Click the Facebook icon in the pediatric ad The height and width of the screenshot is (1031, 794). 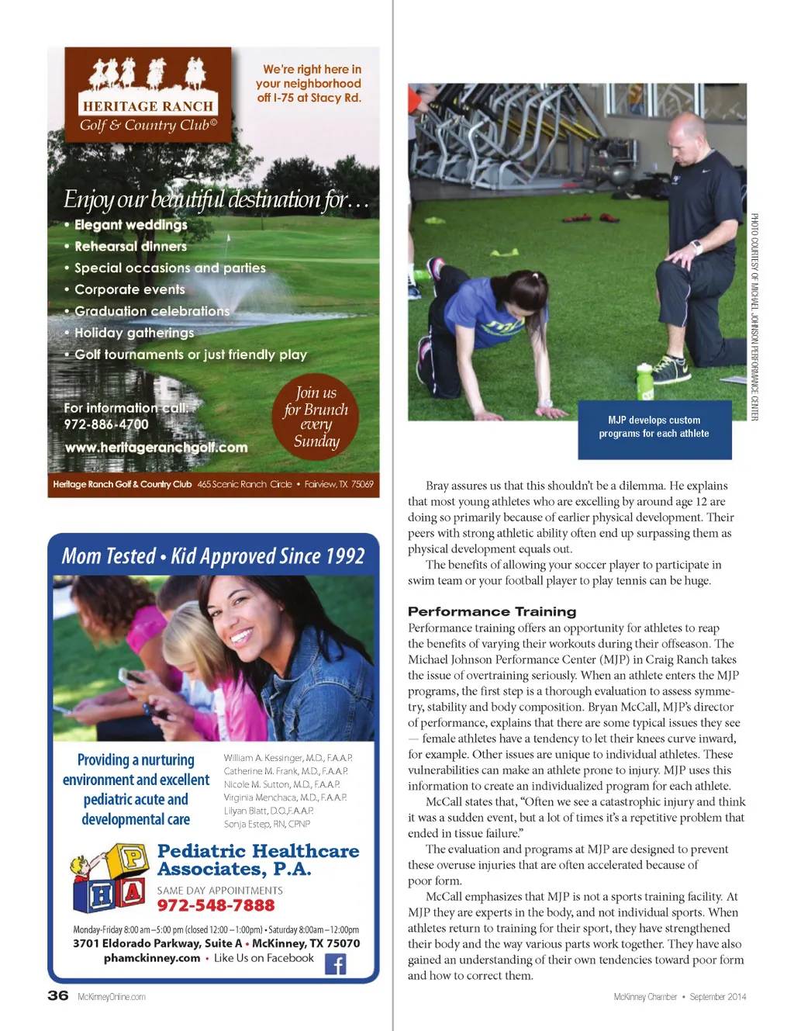pyautogui.click(x=335, y=964)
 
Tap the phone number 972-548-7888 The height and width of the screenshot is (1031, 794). pyautogui.click(x=216, y=906)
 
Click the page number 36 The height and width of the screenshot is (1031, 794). pyautogui.click(x=58, y=995)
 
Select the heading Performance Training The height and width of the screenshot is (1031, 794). pyautogui.click(x=492, y=611)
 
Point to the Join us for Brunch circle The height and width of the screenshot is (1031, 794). pyautogui.click(x=316, y=417)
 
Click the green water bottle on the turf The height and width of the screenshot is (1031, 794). pyautogui.click(x=644, y=381)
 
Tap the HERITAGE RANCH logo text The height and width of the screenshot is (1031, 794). pyautogui.click(x=147, y=106)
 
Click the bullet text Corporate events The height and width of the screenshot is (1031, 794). pyautogui.click(x=129, y=289)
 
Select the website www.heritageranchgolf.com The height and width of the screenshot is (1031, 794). pyautogui.click(x=156, y=448)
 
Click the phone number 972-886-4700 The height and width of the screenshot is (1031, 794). pyautogui.click(x=106, y=424)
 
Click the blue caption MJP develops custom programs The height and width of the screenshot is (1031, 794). pyautogui.click(x=654, y=427)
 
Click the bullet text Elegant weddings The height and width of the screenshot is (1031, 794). pyautogui.click(x=131, y=225)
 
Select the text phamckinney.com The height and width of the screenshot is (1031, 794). pyautogui.click(x=152, y=958)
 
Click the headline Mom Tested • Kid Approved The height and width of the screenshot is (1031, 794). pyautogui.click(x=213, y=556)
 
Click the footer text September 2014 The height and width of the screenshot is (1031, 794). pyautogui.click(x=718, y=997)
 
